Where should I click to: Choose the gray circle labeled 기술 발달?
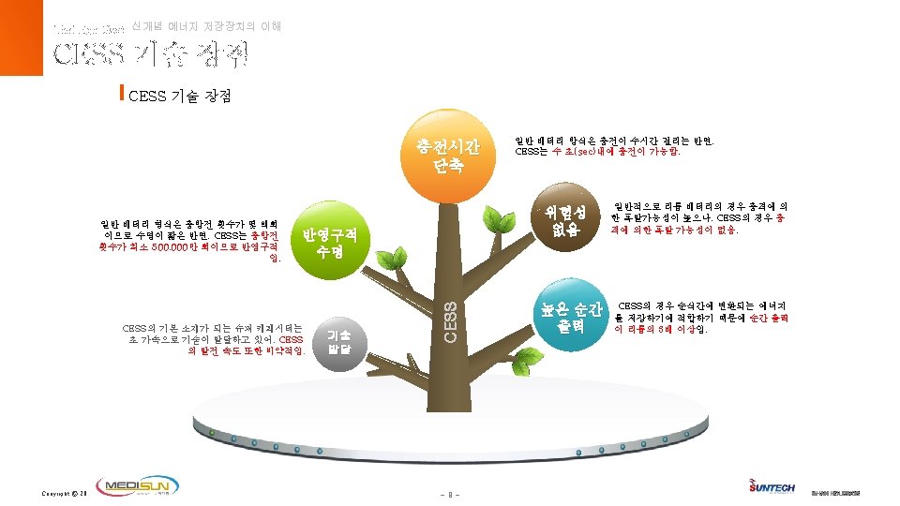(338, 343)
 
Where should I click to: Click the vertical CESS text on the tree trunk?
(449, 320)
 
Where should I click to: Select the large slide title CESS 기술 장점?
(150, 55)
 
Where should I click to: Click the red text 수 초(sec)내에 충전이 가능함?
(622, 150)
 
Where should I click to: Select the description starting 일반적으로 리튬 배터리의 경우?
(698, 217)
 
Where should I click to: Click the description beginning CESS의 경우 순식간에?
(702, 318)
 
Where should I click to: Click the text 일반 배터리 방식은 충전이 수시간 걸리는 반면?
(615, 141)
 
